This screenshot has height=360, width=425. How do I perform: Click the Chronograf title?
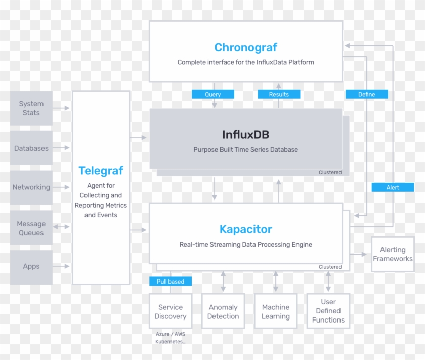[245, 47]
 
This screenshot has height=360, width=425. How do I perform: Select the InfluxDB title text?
[245, 135]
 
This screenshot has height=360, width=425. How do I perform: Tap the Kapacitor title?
[245, 229]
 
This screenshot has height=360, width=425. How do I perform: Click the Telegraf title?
[101, 171]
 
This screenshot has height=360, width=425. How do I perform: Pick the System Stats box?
[31, 108]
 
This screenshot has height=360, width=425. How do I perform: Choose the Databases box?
[31, 148]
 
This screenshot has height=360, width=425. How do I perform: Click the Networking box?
[31, 187]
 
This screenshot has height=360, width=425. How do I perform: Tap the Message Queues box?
[31, 228]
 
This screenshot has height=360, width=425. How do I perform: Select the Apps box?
[31, 267]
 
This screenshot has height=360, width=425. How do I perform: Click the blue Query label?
[213, 94]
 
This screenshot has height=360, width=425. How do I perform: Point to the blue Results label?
[279, 94]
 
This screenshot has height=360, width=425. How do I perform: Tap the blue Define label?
[367, 94]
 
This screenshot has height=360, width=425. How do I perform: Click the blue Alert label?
[393, 187]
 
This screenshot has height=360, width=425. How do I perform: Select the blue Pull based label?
[171, 282]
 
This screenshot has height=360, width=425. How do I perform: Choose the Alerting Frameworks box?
[393, 254]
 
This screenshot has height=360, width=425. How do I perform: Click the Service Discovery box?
[171, 312]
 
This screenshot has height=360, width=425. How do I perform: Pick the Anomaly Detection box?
[223, 312]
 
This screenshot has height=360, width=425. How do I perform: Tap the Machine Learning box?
[276, 312]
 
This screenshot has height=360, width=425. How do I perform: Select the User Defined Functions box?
[328, 311]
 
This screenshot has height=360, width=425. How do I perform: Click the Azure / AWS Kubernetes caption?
[170, 338]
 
